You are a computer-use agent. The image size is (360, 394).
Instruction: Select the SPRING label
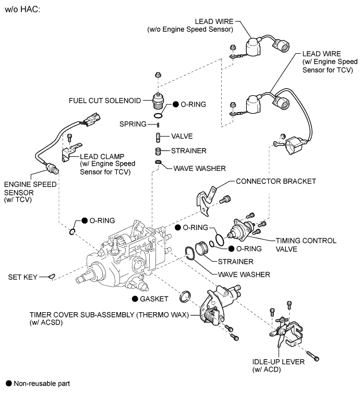(136, 125)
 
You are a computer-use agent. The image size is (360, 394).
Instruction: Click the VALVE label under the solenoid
(182, 136)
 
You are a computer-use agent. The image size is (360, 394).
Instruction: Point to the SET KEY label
(23, 277)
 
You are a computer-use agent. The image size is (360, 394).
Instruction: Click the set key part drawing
(49, 276)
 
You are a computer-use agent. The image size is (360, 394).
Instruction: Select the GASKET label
(154, 299)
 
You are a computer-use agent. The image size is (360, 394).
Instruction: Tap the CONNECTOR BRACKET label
(276, 182)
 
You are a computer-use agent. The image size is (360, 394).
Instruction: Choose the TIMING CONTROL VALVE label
(306, 245)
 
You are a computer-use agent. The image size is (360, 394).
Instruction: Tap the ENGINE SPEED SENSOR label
(25, 192)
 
